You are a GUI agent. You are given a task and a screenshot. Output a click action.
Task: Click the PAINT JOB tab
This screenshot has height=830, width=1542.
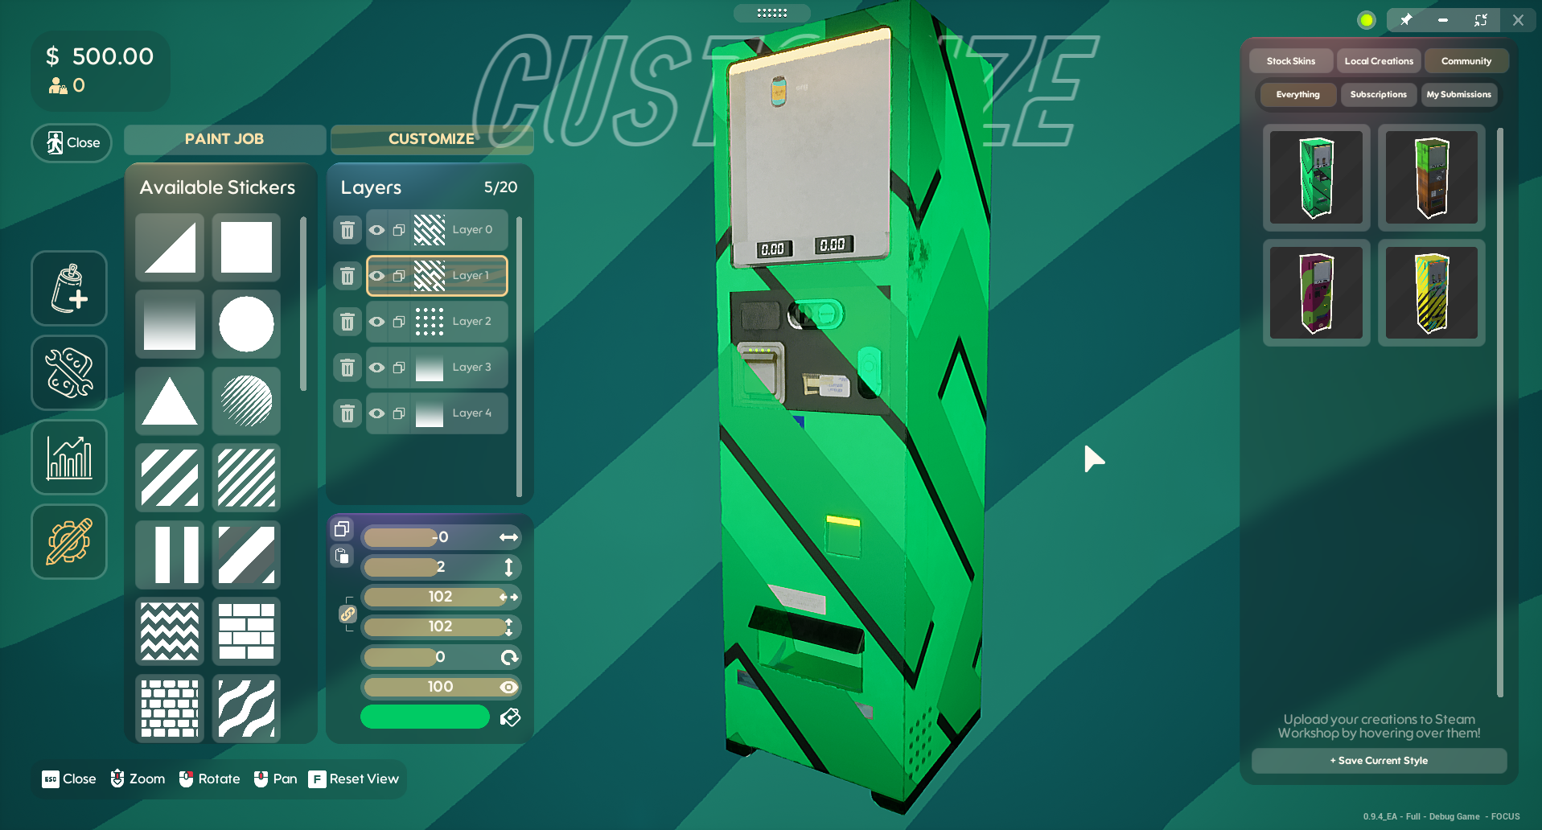point(224,139)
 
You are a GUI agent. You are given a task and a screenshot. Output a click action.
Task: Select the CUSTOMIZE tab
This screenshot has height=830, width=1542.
point(431,139)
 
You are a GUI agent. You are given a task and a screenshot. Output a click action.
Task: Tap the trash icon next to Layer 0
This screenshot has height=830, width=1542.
point(347,231)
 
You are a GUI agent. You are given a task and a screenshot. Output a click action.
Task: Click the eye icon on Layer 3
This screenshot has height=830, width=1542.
point(376,368)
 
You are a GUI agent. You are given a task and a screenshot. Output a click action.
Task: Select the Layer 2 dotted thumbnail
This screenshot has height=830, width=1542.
point(429,322)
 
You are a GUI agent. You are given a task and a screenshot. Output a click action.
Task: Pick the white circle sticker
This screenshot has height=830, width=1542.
point(246,324)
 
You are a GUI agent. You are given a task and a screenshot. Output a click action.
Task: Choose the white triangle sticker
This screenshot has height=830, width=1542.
point(170,401)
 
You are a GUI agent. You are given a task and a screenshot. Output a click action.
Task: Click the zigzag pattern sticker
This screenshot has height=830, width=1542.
point(170,631)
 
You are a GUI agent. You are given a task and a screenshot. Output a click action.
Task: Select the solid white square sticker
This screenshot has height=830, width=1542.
point(246,247)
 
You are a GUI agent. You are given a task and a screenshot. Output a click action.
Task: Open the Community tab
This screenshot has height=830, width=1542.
point(1466,61)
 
